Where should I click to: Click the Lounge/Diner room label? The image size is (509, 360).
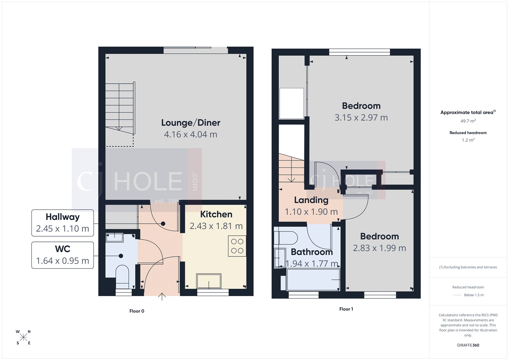pos(191,123)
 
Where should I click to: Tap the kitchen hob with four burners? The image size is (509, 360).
pos(237,246)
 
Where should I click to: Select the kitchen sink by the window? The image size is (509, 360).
pos(209,281)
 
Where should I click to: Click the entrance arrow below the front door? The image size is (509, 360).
pos(162,297)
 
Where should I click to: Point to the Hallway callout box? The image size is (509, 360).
pos(63,223)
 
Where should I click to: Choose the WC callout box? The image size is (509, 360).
pos(63,255)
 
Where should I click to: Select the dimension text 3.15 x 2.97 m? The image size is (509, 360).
pos(361,117)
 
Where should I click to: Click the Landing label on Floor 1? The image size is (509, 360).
pos(311,200)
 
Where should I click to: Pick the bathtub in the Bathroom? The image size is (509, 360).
pos(313,279)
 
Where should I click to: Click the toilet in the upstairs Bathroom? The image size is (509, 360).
pos(286,237)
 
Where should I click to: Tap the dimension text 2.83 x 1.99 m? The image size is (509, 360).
pos(379,248)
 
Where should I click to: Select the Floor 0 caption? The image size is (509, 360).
pos(137,311)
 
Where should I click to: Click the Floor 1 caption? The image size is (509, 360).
pos(346,309)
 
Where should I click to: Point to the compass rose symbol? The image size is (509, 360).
pos(23,337)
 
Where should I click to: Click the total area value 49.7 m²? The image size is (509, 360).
pos(468,121)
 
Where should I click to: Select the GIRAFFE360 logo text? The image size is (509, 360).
pos(468,345)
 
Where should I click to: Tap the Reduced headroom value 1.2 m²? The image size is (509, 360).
pos(468,140)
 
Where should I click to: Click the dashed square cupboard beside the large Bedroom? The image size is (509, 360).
pos(291,104)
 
